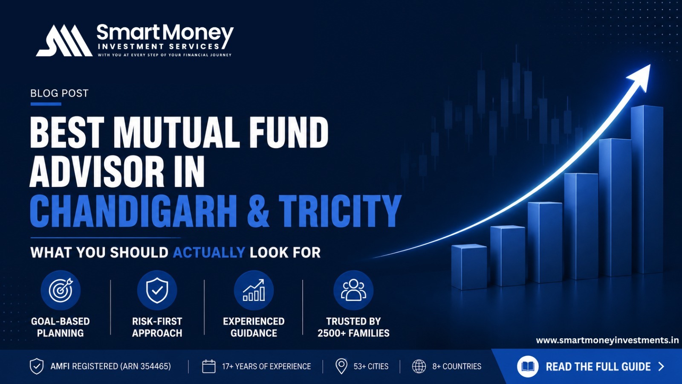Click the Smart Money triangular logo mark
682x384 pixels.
(64, 41)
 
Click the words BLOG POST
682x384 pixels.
(59, 93)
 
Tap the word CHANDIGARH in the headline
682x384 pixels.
(133, 211)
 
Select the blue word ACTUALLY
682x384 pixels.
(209, 253)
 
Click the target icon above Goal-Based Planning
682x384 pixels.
(61, 290)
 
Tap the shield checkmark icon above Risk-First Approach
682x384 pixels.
(157, 290)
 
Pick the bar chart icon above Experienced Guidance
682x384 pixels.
(254, 290)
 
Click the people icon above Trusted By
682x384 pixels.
(353, 290)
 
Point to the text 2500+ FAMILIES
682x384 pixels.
(353, 333)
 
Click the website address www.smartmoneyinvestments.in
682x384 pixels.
(607, 340)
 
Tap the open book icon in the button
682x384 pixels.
(528, 367)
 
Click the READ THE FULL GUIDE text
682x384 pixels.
(598, 367)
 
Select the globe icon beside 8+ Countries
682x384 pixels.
(419, 367)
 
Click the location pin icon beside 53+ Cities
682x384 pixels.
(341, 367)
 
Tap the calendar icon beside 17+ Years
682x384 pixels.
(209, 367)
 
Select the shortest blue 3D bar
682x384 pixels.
(469, 267)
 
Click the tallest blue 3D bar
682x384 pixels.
(647, 189)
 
